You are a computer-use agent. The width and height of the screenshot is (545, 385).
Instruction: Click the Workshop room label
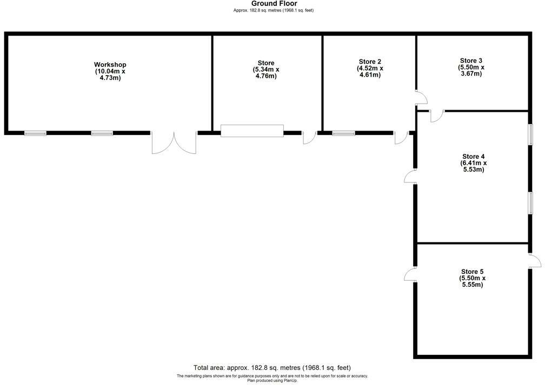coord(110,65)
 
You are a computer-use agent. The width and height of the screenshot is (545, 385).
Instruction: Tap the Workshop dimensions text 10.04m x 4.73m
coord(110,75)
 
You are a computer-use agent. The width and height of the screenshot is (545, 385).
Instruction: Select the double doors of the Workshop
coord(174,143)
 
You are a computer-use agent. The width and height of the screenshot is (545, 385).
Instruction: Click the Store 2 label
coord(370,62)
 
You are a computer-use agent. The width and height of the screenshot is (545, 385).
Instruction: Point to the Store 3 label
coord(471,60)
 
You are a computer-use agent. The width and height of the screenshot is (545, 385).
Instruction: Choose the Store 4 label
coord(473,157)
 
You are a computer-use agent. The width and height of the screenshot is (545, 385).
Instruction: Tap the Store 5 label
coord(473,272)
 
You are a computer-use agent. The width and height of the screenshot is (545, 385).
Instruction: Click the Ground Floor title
coord(274,4)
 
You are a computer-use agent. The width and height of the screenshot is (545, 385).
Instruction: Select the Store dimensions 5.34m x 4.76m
coord(265,73)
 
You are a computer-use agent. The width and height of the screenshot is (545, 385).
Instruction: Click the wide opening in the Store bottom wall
coord(252,131)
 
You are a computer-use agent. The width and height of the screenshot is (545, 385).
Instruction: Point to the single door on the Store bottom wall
coord(309,137)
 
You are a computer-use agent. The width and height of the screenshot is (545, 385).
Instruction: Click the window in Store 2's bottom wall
coord(343,133)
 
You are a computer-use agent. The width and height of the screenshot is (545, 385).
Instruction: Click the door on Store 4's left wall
coord(410,176)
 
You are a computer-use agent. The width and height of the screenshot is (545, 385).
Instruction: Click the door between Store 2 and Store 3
coord(421,98)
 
